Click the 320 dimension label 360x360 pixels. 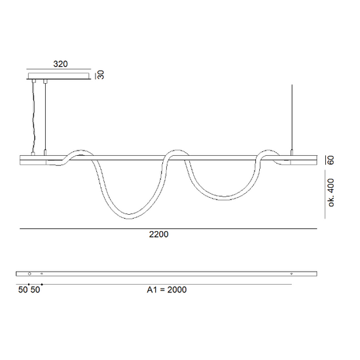[x=60, y=64]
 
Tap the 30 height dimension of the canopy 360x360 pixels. [x=101, y=75]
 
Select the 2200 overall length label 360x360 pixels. [x=158, y=234]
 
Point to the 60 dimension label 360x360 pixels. [x=331, y=160]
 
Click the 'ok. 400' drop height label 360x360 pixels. [x=331, y=192]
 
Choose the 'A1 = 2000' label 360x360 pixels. [x=167, y=290]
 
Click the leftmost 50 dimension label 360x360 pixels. [x=23, y=290]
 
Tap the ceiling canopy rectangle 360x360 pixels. [x=59, y=76]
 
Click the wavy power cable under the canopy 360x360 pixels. [x=34, y=117]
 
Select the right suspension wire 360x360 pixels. [x=292, y=117]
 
